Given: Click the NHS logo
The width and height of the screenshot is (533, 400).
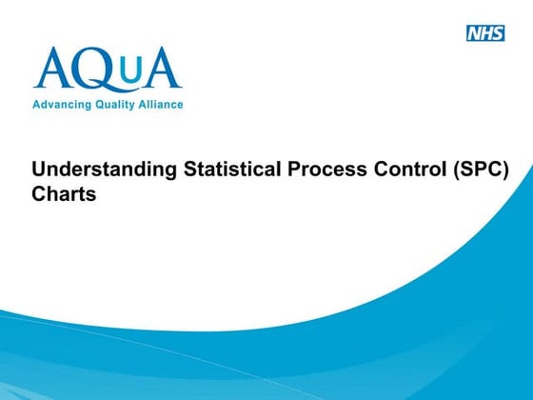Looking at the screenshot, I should click(x=485, y=33).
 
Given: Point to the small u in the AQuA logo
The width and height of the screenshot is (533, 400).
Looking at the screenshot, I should click(x=132, y=72).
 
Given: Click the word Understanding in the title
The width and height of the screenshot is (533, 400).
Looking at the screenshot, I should click(x=91, y=170).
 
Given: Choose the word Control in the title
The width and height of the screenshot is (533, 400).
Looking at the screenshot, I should click(x=381, y=170).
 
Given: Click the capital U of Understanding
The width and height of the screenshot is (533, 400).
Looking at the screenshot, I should click(x=39, y=170).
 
